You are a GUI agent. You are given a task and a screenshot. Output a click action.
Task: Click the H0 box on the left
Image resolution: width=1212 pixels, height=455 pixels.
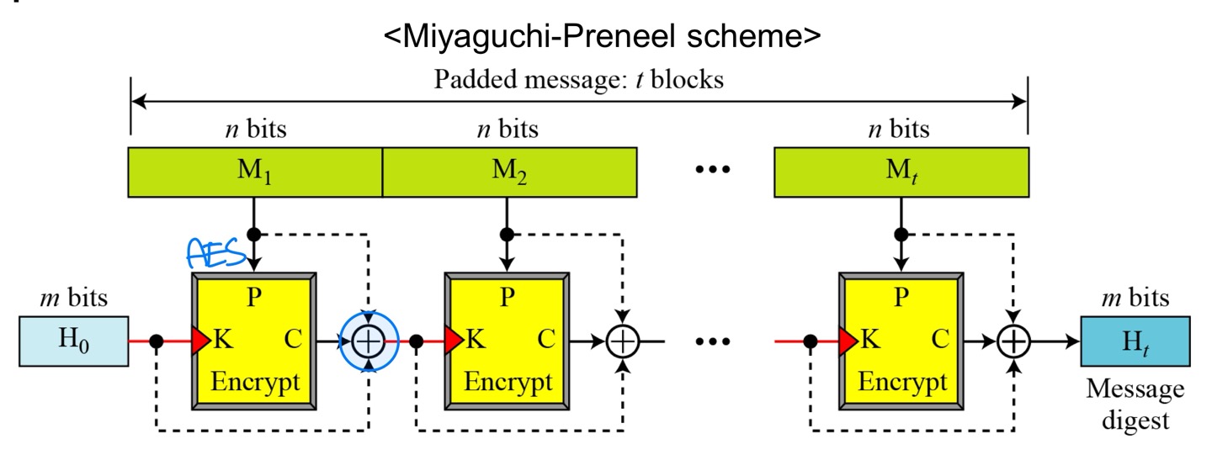tap(73, 341)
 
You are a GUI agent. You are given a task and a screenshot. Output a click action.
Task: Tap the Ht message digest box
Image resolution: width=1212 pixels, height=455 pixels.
tap(1135, 341)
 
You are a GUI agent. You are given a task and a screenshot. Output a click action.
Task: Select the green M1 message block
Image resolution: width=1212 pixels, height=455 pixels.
tap(256, 172)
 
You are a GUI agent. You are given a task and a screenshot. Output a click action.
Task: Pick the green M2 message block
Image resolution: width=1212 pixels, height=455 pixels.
tap(508, 172)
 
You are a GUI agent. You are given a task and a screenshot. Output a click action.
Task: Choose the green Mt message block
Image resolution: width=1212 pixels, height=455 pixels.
tap(901, 172)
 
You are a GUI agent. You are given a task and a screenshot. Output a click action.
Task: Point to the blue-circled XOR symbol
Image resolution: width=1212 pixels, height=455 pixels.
tap(368, 341)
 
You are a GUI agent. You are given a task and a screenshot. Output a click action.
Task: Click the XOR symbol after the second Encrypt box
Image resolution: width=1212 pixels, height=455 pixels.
tap(623, 341)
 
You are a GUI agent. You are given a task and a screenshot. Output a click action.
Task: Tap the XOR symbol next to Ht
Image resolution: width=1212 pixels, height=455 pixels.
tap(1014, 341)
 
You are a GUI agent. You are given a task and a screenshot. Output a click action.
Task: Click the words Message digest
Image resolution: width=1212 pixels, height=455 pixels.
tap(1135, 405)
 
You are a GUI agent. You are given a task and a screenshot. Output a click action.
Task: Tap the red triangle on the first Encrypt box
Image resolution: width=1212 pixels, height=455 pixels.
tap(201, 341)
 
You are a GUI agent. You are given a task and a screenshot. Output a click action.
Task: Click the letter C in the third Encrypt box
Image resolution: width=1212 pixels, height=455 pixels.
tap(939, 341)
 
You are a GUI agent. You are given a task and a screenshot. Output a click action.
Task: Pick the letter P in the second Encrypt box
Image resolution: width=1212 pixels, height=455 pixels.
tap(507, 299)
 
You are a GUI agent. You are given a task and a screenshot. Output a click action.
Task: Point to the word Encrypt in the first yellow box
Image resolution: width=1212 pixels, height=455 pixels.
tap(255, 382)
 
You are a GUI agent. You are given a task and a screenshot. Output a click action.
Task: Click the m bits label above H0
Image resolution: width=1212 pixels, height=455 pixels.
tap(73, 298)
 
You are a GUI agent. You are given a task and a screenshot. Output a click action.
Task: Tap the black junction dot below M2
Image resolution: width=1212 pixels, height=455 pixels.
tap(506, 234)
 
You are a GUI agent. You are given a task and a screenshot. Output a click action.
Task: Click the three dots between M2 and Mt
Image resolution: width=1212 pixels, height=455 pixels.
tap(715, 169)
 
